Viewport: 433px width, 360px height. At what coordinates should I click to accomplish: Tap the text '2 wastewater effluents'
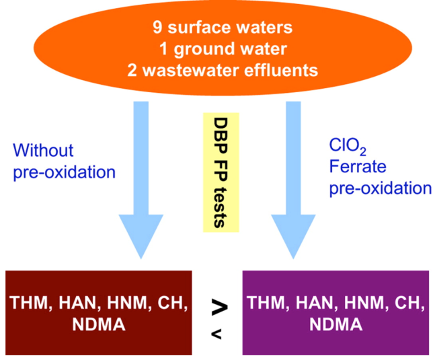tap(222, 70)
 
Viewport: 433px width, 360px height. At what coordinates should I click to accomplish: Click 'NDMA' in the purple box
tap(336, 326)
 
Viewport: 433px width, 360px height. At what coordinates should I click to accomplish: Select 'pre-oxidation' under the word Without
tap(65, 172)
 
